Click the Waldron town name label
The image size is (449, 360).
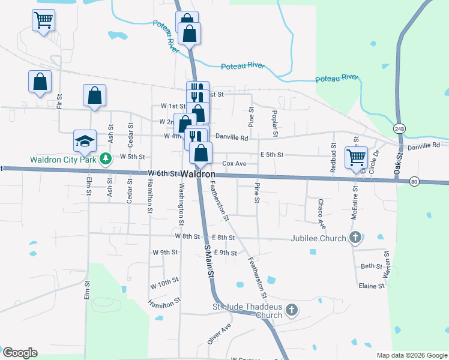(198, 174)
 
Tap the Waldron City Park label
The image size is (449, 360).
(63, 160)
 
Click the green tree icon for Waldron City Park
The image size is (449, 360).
(106, 159)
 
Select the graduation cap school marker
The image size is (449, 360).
(85, 141)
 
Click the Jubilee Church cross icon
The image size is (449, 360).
(355, 238)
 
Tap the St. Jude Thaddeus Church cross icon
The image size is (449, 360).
(291, 310)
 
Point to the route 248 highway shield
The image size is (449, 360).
(400, 129)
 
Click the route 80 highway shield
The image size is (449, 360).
(414, 181)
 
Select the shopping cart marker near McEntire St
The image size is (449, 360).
(356, 157)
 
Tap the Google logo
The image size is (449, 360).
(20, 353)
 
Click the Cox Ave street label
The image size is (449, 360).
(235, 163)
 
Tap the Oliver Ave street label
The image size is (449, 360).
(219, 334)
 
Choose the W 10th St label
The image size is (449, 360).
(165, 280)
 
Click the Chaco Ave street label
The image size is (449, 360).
(322, 214)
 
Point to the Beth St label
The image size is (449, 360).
(371, 266)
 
